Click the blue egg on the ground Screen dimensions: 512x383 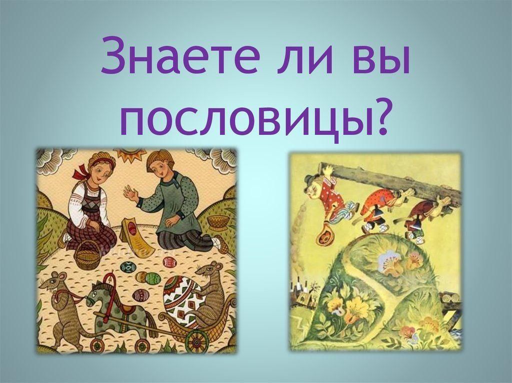pyautogui.click(x=127, y=268)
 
